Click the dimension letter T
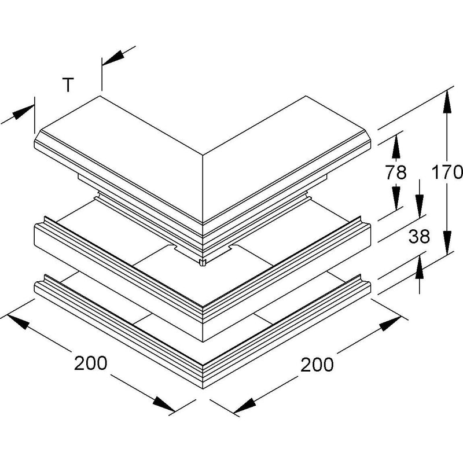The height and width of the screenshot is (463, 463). tap(68, 85)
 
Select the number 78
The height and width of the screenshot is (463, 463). tap(396, 172)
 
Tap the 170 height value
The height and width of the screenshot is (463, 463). tap(447, 172)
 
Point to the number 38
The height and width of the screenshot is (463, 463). tap(419, 236)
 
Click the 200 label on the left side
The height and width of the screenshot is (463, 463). tap(91, 363)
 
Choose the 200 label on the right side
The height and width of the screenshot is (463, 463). tap(317, 365)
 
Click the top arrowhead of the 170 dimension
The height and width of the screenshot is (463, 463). tap(447, 102)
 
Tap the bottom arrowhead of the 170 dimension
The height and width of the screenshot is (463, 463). tap(447, 242)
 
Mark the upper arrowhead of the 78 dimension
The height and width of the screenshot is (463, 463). tap(396, 146)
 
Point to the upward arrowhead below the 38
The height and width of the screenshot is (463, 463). tap(419, 267)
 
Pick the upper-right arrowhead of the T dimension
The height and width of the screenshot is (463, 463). tap(113, 57)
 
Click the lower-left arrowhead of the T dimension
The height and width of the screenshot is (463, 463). tap(24, 112)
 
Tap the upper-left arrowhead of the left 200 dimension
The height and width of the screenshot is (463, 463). tap(19, 322)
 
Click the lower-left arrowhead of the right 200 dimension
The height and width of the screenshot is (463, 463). tap(244, 406)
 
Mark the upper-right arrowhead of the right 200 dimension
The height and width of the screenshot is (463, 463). tap(390, 324)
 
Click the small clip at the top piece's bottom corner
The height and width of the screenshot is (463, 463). tap(203, 262)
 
